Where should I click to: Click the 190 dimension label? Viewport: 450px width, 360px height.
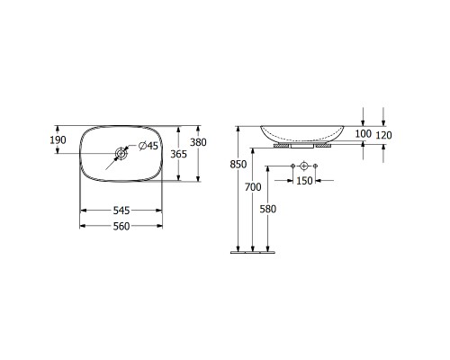click(58, 139)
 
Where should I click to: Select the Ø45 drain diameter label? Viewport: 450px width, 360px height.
click(148, 146)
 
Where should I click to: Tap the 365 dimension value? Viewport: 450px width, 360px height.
click(178, 154)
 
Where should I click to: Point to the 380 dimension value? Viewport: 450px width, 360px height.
click(198, 142)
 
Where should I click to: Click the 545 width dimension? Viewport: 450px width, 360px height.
click(121, 211)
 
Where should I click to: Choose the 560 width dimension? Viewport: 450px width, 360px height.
click(121, 226)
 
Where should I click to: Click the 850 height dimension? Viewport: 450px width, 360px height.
click(238, 165)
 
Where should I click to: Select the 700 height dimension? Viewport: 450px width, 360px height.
click(253, 187)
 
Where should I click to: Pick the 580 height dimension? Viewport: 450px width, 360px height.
click(267, 209)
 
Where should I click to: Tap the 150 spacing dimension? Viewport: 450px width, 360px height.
click(304, 181)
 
